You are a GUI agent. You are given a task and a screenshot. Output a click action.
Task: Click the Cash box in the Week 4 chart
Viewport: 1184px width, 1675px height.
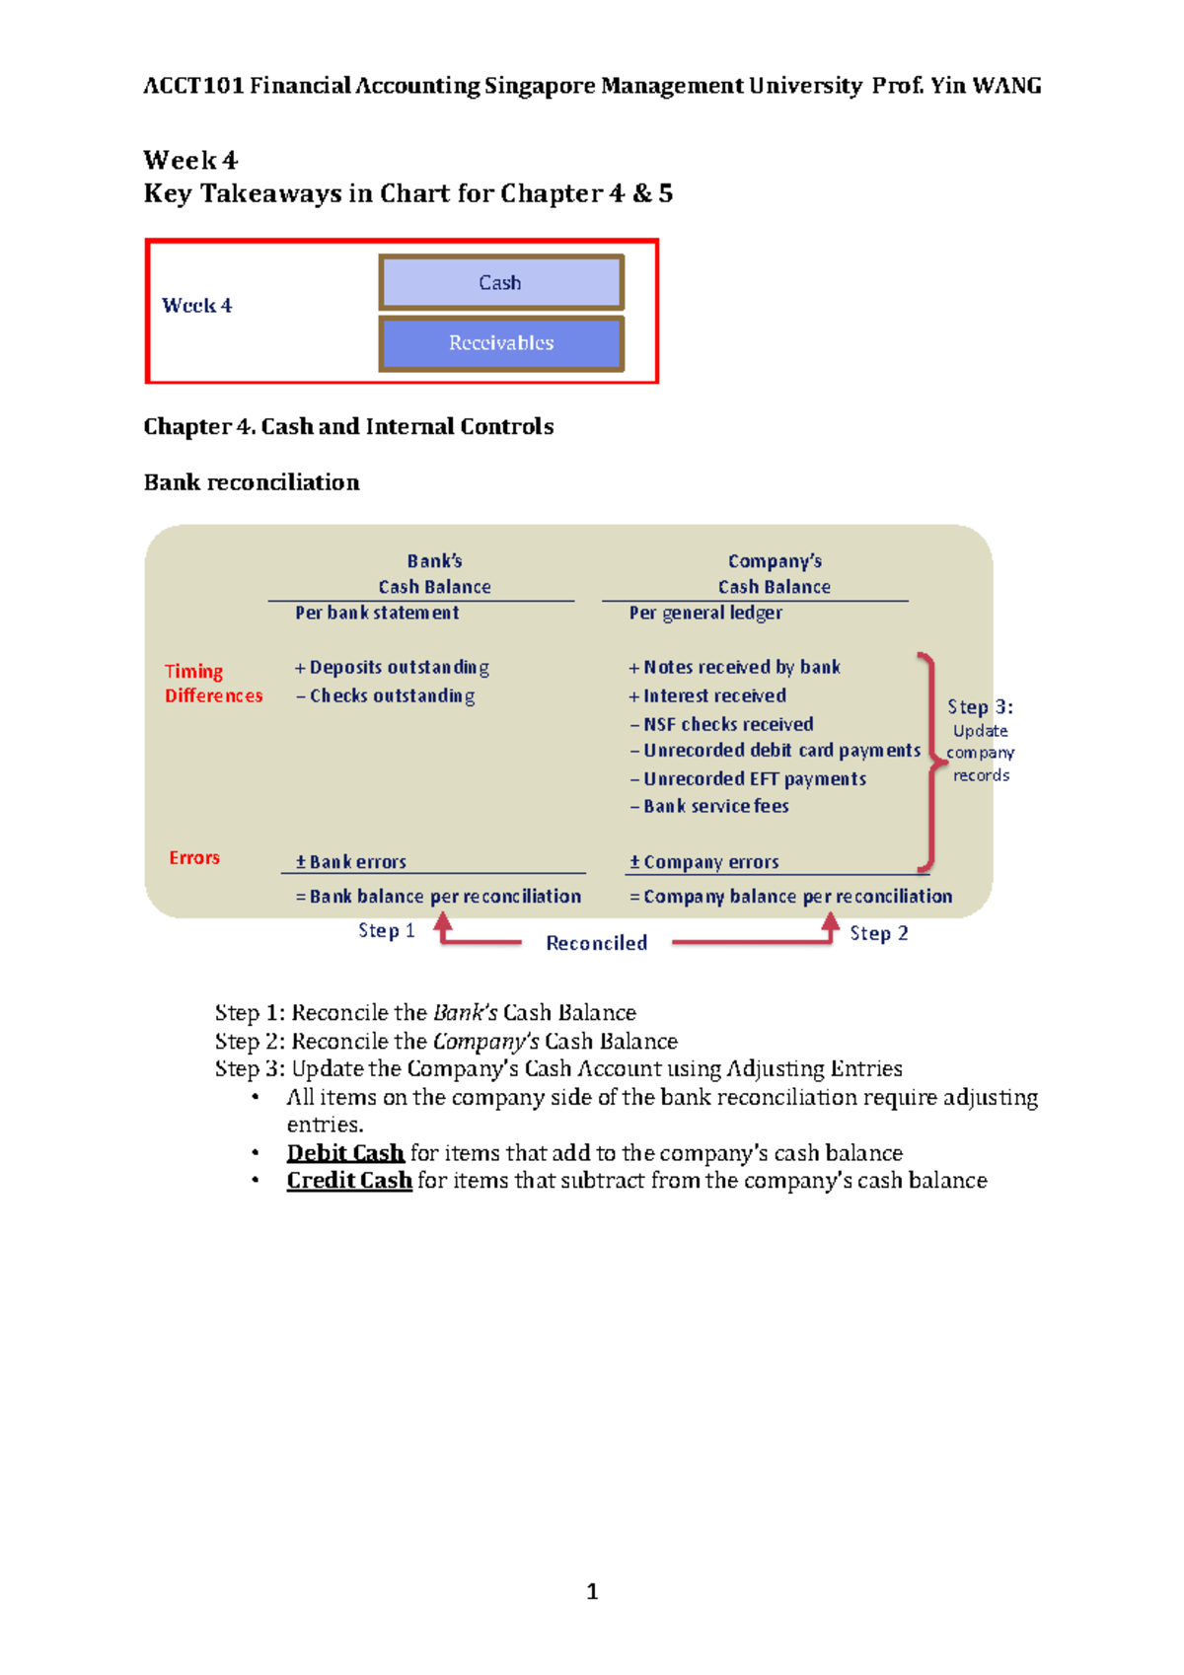coord(500,283)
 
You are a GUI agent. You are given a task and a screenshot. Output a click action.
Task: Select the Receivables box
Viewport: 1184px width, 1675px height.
coord(500,343)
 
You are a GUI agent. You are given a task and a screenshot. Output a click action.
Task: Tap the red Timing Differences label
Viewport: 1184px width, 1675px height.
coord(213,684)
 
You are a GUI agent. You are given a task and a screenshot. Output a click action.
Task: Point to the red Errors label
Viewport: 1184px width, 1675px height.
coord(194,858)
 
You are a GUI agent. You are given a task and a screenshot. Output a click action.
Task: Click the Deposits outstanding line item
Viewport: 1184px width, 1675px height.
coord(392,668)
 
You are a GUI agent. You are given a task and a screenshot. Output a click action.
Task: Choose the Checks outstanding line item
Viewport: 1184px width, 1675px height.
coord(386,696)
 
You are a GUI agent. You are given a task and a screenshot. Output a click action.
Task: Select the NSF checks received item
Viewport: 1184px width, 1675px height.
coord(721,724)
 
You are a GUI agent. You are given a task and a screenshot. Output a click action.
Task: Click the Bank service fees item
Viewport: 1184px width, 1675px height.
coord(709,806)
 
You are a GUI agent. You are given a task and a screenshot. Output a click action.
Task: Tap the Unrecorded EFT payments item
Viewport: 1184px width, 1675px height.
coord(748,779)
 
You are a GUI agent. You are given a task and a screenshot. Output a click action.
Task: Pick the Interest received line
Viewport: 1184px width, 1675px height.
coord(707,696)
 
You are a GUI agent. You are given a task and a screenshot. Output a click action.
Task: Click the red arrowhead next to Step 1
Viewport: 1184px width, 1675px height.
coord(443,923)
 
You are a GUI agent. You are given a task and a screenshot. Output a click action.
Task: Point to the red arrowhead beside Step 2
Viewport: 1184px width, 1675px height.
coord(831,923)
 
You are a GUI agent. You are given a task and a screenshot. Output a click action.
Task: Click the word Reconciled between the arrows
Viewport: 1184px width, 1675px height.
coord(597,944)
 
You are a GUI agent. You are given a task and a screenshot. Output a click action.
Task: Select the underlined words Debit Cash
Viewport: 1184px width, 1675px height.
coord(345,1153)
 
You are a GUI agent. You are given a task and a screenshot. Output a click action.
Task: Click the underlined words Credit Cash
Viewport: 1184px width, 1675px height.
coord(349,1181)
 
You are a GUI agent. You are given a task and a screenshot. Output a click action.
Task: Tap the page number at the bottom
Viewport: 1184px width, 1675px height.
coord(592,1591)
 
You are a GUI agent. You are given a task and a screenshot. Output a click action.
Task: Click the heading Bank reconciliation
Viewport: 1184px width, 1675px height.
coord(252,482)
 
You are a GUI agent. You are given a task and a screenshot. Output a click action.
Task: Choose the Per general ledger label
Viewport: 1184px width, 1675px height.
coord(705,613)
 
